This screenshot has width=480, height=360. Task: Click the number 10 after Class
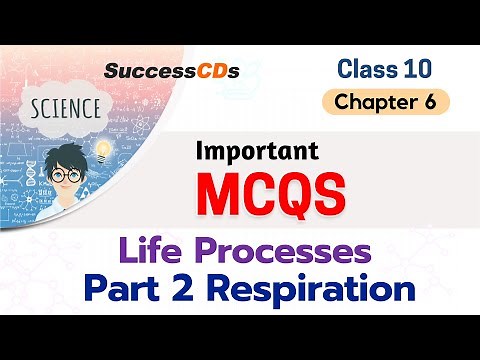point(418,68)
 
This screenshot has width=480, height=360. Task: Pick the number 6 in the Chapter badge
point(431,101)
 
